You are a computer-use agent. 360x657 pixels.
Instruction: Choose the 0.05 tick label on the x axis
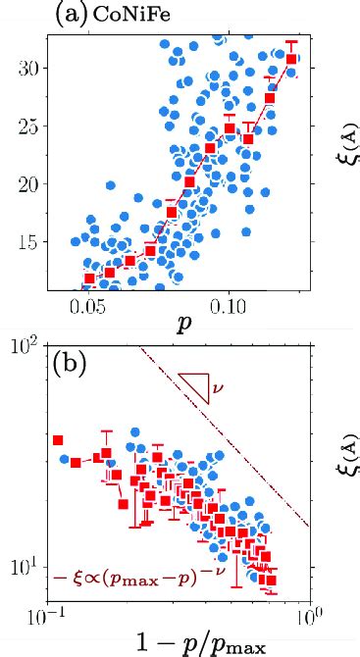tap(88, 308)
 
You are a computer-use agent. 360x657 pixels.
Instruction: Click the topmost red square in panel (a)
tap(291, 60)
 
